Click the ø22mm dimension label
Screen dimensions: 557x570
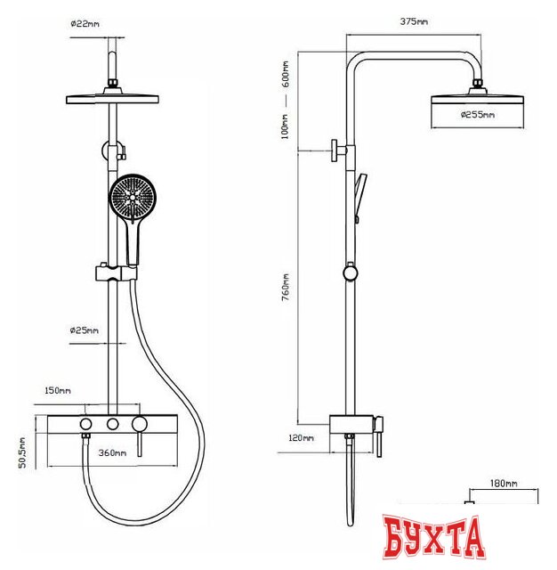[x=85, y=24]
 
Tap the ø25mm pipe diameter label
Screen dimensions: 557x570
[x=84, y=330]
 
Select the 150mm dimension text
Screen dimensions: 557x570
[x=57, y=390]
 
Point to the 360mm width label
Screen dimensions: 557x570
[x=112, y=453]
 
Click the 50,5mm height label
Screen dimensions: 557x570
[x=22, y=452]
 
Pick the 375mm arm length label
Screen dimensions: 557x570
[x=414, y=21]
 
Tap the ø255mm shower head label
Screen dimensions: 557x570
[x=478, y=115]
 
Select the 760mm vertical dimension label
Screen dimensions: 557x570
[x=286, y=287]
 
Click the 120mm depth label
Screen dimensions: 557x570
[x=301, y=438]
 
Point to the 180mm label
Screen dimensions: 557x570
[x=504, y=484]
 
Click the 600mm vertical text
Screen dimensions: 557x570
[x=286, y=74]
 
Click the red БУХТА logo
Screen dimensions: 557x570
[x=434, y=538]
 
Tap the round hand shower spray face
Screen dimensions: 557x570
[x=133, y=197]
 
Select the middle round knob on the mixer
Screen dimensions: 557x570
[x=113, y=424]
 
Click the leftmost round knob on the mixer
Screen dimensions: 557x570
[x=85, y=424]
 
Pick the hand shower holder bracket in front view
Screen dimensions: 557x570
[x=117, y=273]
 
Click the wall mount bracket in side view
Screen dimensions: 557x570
[x=339, y=151]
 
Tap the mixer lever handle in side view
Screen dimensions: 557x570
[x=379, y=436]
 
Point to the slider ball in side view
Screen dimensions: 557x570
[x=350, y=273]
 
